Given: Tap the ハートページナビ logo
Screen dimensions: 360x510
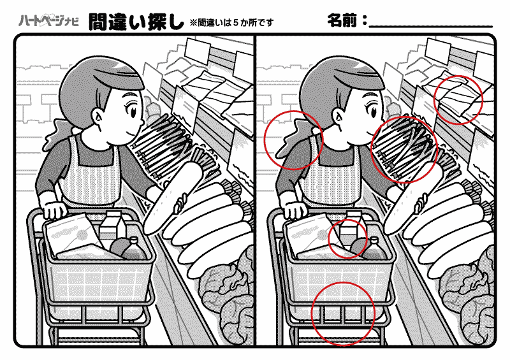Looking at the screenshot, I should click(48, 20).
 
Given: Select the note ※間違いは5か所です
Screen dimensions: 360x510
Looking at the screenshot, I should click(231, 22).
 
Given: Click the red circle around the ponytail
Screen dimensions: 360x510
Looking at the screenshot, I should click(293, 139).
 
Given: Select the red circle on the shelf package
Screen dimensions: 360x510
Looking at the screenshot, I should click(458, 99).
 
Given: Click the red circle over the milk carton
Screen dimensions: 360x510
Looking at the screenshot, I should click(348, 238).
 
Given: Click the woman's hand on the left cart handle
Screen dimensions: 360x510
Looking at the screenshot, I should click(54, 208).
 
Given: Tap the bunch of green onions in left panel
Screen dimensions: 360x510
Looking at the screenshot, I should click(163, 140).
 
